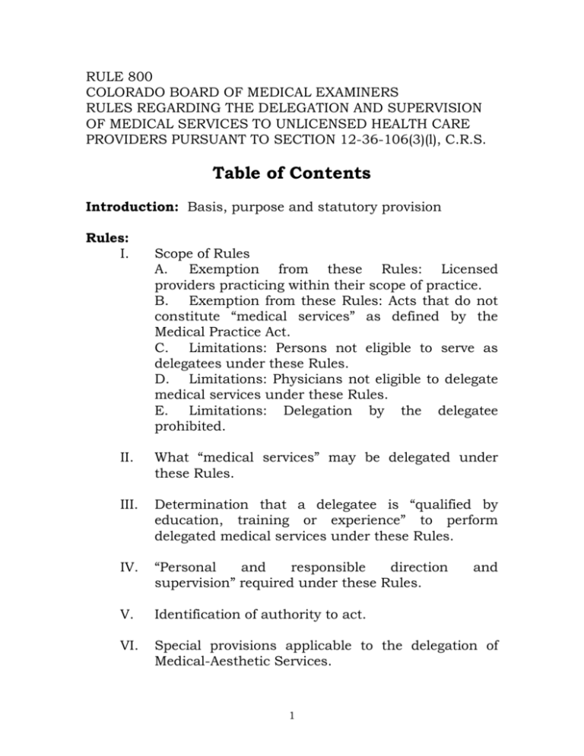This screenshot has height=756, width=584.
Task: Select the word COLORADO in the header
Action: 114,93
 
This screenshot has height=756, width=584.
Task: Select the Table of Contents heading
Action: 291,174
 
